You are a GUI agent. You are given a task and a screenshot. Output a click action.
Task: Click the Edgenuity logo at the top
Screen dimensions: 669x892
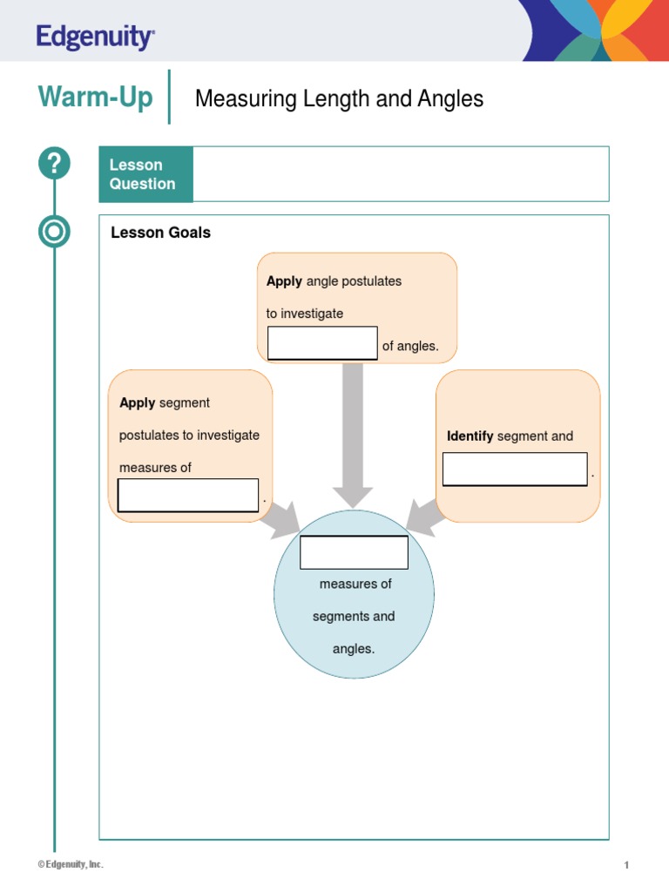click(x=95, y=37)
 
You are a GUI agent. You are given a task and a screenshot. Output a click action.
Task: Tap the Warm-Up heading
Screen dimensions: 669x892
click(x=95, y=97)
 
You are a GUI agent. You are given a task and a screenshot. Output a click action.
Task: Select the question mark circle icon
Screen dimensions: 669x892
click(x=54, y=163)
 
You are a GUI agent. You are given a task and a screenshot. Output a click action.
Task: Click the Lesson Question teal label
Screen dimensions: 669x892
click(x=146, y=174)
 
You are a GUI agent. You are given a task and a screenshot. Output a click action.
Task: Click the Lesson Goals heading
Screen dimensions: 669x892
click(x=160, y=233)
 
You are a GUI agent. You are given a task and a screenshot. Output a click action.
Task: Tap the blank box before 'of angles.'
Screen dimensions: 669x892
click(x=322, y=343)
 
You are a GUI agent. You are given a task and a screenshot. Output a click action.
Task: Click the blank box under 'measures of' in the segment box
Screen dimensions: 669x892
click(x=188, y=495)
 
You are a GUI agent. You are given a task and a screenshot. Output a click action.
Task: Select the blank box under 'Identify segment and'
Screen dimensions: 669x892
click(x=515, y=470)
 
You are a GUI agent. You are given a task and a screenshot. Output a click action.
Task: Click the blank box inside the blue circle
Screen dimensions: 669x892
click(x=354, y=552)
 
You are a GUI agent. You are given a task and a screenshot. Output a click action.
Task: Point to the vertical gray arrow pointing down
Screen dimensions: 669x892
click(x=353, y=436)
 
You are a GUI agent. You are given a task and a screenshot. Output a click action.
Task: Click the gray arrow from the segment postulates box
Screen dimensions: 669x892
click(x=283, y=519)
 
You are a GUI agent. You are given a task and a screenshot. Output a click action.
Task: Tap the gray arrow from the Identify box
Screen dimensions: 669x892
click(x=424, y=517)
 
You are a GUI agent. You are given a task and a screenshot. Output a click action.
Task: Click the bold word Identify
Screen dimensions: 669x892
click(x=470, y=436)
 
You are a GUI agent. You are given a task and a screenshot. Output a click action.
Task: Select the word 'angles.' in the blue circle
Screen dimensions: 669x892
click(x=354, y=648)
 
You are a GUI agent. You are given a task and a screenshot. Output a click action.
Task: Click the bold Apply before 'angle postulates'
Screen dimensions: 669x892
click(x=284, y=281)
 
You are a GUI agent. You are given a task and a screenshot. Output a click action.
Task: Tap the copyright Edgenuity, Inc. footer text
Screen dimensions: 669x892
click(x=71, y=864)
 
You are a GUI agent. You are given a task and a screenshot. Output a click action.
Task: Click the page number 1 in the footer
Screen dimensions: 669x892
click(x=626, y=865)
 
